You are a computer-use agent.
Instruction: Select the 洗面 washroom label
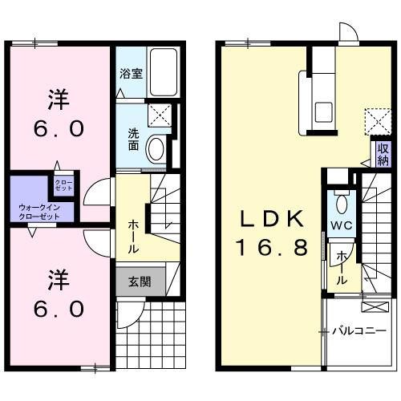(x=133, y=140)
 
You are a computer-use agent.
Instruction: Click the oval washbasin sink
(x=158, y=148)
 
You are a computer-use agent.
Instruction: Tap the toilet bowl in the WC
(x=342, y=200)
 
